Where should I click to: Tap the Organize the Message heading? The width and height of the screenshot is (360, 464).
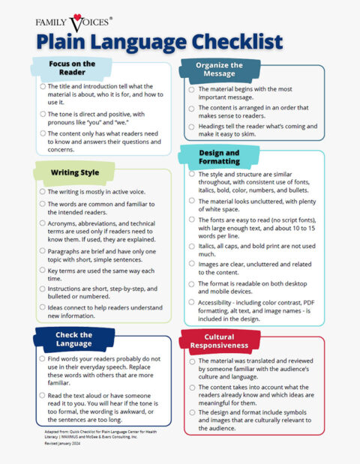(x=219, y=70)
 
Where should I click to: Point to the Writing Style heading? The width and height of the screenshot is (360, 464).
(x=74, y=172)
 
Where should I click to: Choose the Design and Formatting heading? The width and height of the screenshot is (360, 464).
(x=219, y=156)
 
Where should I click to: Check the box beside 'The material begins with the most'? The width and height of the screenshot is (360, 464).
(x=192, y=90)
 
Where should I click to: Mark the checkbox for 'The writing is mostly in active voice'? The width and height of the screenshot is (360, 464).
(x=43, y=192)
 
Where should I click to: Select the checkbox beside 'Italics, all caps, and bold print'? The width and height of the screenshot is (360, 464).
(x=192, y=246)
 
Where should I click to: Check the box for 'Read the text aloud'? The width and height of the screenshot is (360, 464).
(x=43, y=395)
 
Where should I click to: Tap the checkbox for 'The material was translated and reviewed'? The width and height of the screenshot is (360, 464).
(x=192, y=362)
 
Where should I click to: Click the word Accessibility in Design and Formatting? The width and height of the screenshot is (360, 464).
(x=217, y=302)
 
